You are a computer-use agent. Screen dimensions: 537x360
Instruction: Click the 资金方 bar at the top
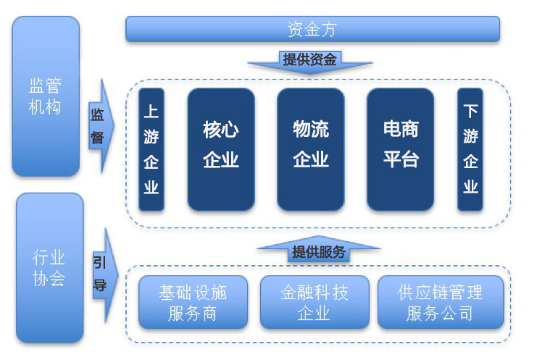[312, 29]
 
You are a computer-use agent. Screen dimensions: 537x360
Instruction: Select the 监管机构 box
[46, 96]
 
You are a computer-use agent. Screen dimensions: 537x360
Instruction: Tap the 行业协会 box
[50, 268]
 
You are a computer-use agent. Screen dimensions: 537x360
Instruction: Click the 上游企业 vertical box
[151, 149]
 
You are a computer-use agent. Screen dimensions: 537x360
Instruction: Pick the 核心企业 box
[221, 149]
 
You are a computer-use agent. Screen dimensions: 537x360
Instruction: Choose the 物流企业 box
[311, 149]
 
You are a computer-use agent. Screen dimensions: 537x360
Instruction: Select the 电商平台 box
[400, 149]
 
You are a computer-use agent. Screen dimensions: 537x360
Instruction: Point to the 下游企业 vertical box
[470, 149]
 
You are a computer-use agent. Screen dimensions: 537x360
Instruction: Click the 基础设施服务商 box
[193, 302]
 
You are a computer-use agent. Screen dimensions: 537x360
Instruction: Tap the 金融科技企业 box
[315, 302]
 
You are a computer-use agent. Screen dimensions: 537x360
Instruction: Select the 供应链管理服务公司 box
[441, 302]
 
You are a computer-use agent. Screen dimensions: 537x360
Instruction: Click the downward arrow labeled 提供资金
[310, 62]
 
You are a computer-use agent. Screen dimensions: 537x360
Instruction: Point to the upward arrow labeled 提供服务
[318, 249]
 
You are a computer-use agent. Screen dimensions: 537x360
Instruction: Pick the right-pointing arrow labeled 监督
[101, 126]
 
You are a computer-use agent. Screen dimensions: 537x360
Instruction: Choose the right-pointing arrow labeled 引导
[105, 275]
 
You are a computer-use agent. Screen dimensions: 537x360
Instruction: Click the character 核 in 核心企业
[212, 130]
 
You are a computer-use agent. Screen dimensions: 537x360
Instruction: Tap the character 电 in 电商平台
[391, 129]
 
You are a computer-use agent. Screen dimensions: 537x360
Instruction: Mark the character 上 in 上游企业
[151, 112]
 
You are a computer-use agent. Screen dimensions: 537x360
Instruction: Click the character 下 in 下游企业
[470, 112]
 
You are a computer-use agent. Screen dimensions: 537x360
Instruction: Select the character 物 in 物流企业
[301, 129]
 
